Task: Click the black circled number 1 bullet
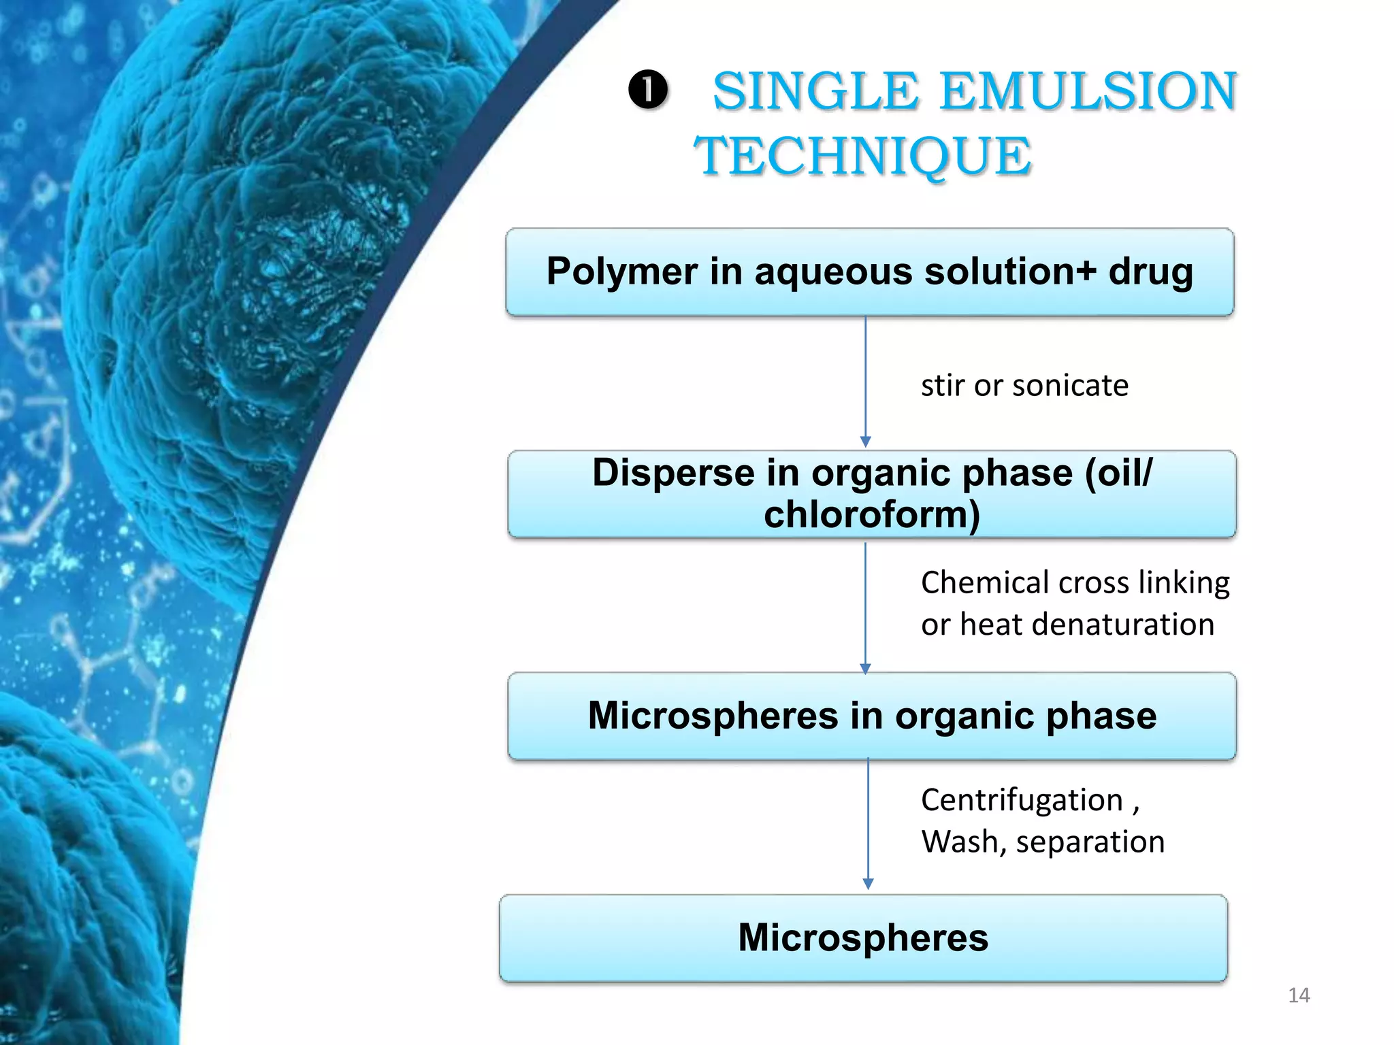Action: click(x=647, y=90)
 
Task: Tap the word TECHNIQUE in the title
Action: click(x=862, y=156)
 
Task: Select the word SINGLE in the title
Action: click(x=815, y=92)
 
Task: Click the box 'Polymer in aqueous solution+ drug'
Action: click(x=869, y=272)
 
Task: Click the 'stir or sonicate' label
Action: click(x=1024, y=386)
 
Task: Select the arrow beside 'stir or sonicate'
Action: click(x=865, y=381)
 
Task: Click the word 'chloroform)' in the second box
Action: click(x=872, y=514)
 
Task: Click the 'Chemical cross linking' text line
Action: click(x=1075, y=583)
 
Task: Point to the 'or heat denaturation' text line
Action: click(x=1067, y=625)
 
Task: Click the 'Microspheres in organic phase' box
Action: click(x=871, y=716)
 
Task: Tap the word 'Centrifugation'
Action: click(x=1022, y=800)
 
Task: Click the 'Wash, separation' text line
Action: click(x=1043, y=842)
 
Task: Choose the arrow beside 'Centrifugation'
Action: click(x=868, y=823)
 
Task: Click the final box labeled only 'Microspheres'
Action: click(x=863, y=938)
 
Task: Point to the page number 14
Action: click(x=1299, y=995)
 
